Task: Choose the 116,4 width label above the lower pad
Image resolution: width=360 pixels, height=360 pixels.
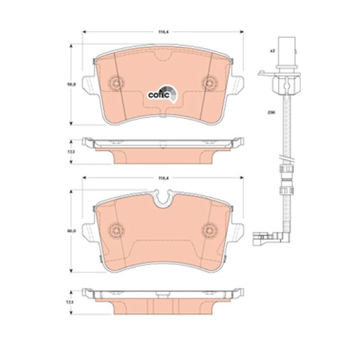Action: pyautogui.click(x=162, y=178)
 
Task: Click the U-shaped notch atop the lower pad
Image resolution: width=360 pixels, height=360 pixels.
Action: pyautogui.click(x=162, y=198)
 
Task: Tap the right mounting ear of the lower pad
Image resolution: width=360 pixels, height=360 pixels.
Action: pyautogui.click(x=238, y=231)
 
